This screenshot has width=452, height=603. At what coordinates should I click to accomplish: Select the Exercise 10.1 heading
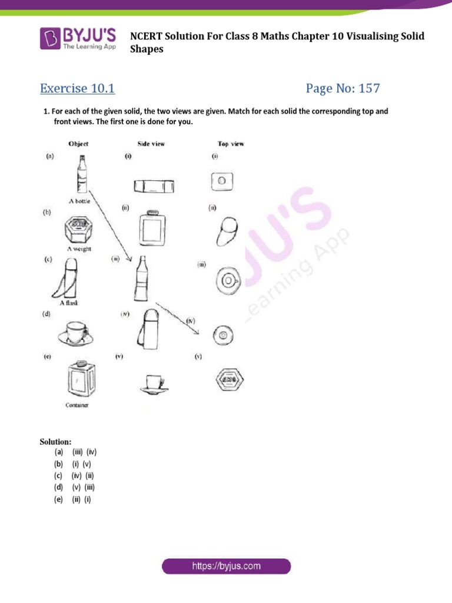[x=77, y=89]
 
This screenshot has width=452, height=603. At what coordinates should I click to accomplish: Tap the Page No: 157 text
[x=343, y=89]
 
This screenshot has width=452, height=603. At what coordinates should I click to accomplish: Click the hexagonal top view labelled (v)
[x=226, y=379]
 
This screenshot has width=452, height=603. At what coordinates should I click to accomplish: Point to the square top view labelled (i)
[x=221, y=181]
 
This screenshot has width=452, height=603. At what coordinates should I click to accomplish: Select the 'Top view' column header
[x=231, y=144]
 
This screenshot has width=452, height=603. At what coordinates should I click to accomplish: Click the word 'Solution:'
[x=55, y=441]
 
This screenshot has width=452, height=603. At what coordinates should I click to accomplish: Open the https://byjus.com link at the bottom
[x=226, y=566]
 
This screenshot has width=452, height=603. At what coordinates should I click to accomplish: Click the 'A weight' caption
[x=78, y=249]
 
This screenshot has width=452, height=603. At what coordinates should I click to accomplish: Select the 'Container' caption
[x=77, y=406]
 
